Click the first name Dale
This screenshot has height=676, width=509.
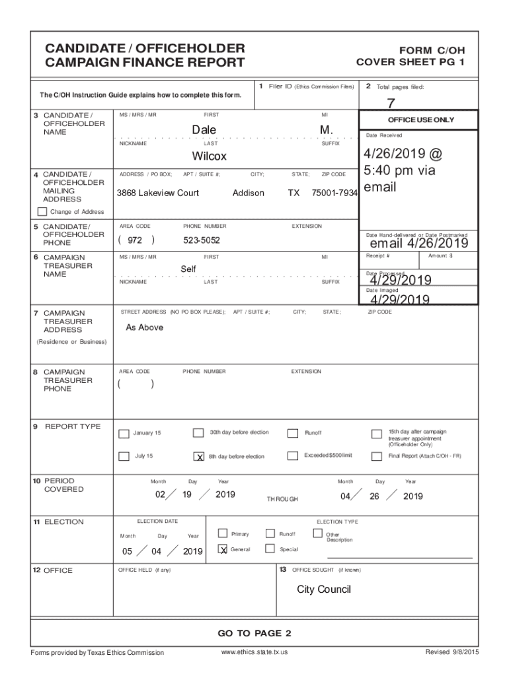click(x=204, y=130)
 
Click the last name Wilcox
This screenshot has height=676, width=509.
click(x=209, y=156)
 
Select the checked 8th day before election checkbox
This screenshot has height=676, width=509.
click(x=198, y=457)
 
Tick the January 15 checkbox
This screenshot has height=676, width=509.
click(x=124, y=434)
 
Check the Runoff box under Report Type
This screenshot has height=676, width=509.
click(x=293, y=433)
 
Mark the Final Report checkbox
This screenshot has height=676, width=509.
click(x=377, y=457)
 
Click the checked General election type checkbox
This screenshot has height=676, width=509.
click(x=223, y=549)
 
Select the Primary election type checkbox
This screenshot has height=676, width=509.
click(x=223, y=533)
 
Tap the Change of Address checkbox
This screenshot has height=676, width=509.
click(x=42, y=212)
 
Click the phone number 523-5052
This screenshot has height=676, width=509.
click(x=202, y=240)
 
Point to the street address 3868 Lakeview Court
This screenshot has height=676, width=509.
click(x=158, y=193)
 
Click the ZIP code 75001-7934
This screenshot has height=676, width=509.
click(x=334, y=193)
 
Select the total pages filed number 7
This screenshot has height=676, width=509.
click(x=391, y=102)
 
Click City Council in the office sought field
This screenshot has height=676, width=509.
click(x=324, y=590)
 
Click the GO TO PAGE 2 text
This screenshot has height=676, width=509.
click(x=255, y=634)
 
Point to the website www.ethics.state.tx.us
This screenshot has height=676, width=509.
click(x=255, y=653)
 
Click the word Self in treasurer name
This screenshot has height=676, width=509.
click(x=188, y=269)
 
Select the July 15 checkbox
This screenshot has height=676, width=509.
click(x=124, y=456)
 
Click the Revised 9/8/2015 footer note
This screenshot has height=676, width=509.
click(x=452, y=653)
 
